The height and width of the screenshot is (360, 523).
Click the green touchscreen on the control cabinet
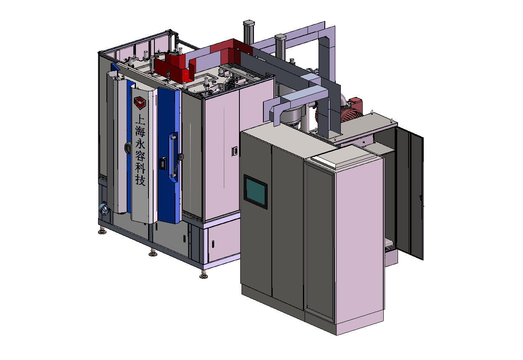click(255, 191)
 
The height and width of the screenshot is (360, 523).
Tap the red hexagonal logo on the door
click(140, 103)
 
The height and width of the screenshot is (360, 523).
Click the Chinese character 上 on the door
click(140, 119)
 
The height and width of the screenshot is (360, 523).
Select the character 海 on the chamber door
click(140, 132)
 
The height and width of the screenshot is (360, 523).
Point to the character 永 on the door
click(140, 144)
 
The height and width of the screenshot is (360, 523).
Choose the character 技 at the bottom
click(141, 180)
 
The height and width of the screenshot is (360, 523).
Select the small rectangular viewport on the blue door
click(162, 163)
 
